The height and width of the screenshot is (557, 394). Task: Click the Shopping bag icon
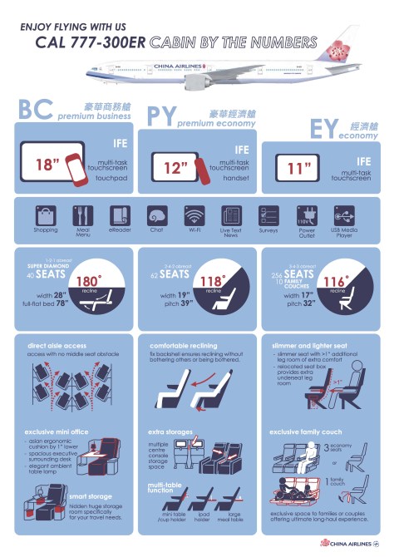point(45,214)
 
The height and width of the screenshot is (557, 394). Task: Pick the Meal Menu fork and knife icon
point(81,214)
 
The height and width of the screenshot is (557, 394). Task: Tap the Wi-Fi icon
point(194,214)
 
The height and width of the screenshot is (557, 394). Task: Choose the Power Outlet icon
point(307,214)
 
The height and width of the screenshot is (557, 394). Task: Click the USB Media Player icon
point(344,214)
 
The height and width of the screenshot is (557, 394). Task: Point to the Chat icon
point(157,214)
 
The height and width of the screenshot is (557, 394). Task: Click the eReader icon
point(119,214)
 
